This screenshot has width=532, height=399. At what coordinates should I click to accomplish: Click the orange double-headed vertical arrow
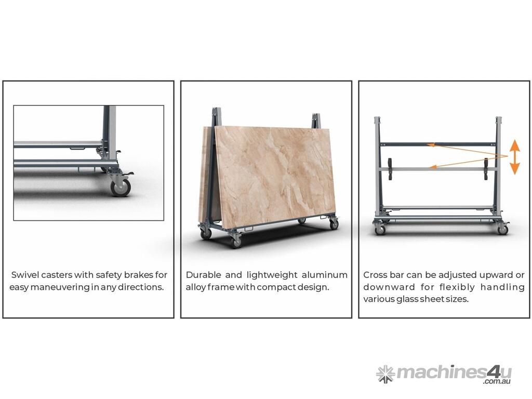pyautogui.click(x=515, y=157)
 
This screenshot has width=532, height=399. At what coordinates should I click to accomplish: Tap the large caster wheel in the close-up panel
pyautogui.click(x=121, y=187)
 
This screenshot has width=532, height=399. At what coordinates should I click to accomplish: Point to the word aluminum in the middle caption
pyautogui.click(x=324, y=274)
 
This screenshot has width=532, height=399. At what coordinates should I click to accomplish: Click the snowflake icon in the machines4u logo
pyautogui.click(x=385, y=374)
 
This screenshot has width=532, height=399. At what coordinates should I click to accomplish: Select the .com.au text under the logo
pyautogui.click(x=497, y=381)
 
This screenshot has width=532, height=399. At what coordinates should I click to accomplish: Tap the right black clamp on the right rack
pyautogui.click(x=486, y=169)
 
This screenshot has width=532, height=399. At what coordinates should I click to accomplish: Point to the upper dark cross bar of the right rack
pyautogui.click(x=437, y=144)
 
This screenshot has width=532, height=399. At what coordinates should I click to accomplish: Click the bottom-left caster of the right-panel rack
pyautogui.click(x=379, y=229)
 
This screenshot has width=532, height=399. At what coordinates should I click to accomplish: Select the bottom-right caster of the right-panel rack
pyautogui.click(x=503, y=229)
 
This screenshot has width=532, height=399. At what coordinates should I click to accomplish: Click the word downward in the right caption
pyautogui.click(x=389, y=287)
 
